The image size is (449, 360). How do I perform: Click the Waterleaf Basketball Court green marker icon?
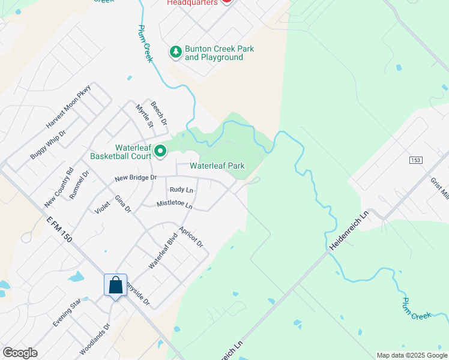coord(160,152)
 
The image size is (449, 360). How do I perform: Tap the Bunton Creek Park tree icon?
coord(176,53)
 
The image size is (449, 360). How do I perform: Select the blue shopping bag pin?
coord(116,286)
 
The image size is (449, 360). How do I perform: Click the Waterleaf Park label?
coord(217,166)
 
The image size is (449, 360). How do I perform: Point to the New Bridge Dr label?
coord(136,178)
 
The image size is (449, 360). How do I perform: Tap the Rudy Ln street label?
coord(181,190)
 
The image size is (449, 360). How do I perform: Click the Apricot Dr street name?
coord(191,237)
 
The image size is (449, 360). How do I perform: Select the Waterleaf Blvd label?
coord(160,253)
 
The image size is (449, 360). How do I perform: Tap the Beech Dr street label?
coord(159,113)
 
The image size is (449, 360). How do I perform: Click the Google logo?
coord(20,353)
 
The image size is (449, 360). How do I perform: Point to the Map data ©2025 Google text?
coord(411,355)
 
